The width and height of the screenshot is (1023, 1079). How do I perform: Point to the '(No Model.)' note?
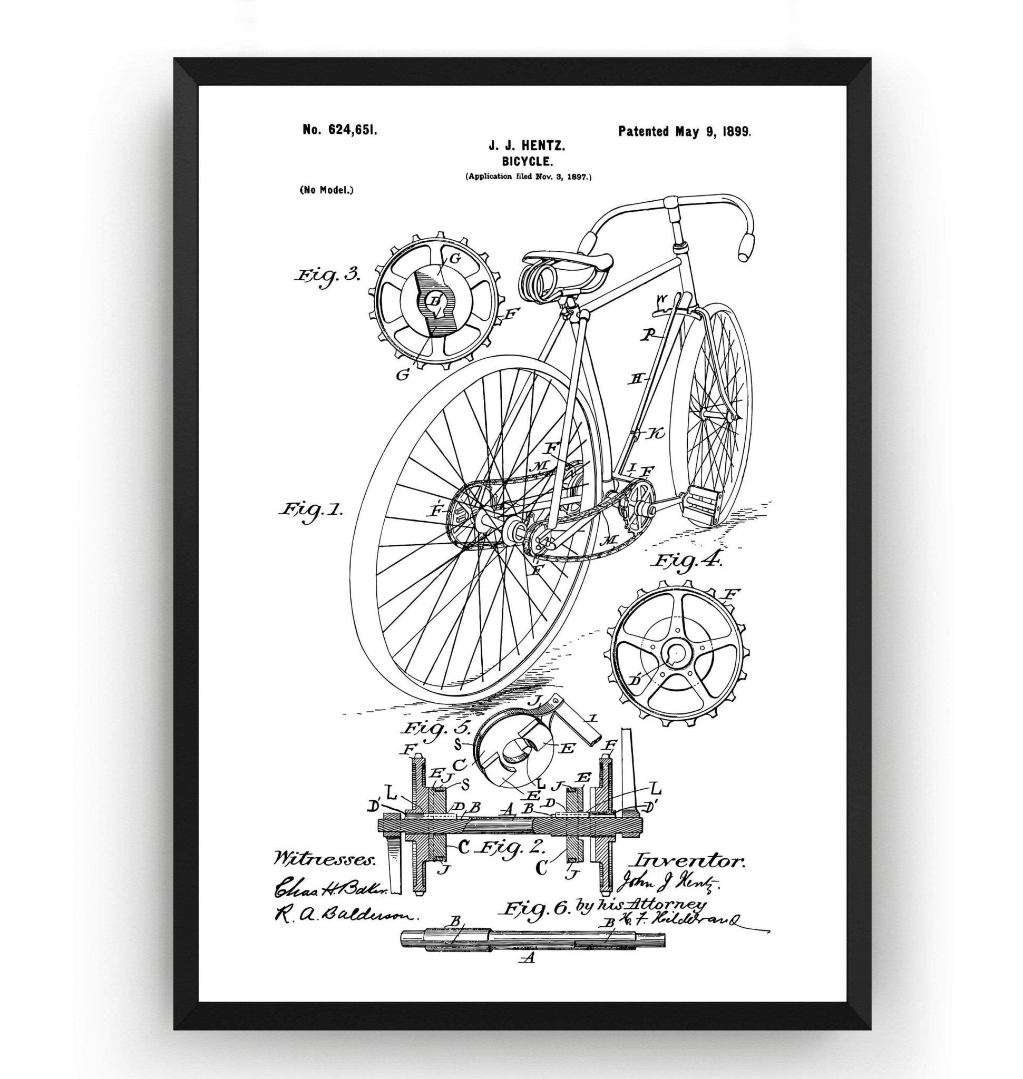tap(326, 190)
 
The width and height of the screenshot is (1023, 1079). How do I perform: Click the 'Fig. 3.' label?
tap(327, 274)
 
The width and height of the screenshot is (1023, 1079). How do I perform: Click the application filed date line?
tap(528, 176)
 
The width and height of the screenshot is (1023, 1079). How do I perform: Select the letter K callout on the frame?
tap(656, 434)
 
